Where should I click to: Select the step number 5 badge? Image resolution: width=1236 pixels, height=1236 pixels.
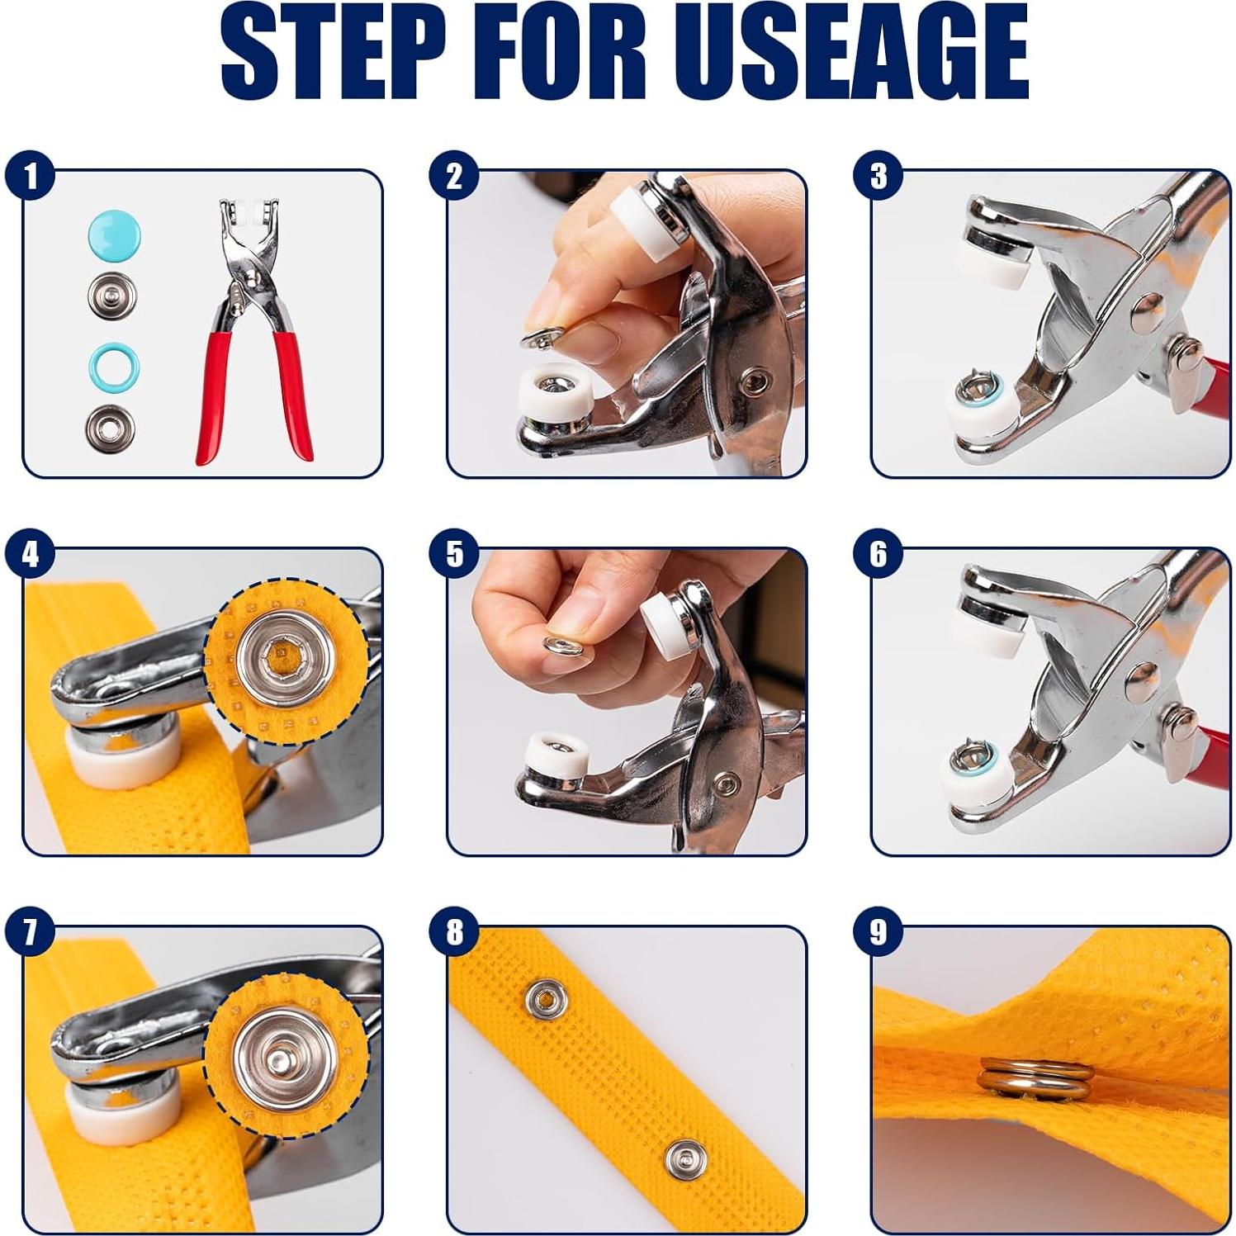(454, 554)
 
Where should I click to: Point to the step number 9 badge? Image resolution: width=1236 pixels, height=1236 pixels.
(878, 932)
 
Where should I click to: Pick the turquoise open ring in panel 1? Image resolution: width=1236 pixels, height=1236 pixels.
(114, 367)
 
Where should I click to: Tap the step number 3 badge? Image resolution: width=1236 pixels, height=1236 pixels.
(878, 176)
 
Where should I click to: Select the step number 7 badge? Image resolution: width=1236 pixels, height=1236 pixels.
(30, 932)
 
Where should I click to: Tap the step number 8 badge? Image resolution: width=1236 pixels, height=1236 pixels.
(454, 932)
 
